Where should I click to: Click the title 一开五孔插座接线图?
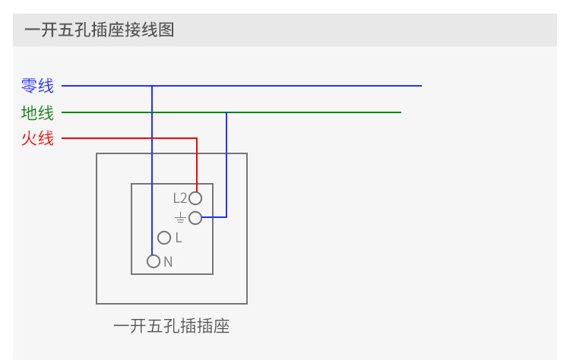(100, 31)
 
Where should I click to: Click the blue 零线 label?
(38, 87)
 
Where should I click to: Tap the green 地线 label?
(38, 113)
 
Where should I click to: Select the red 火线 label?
(38, 139)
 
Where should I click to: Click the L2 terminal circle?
(195, 198)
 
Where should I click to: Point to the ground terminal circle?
(195, 218)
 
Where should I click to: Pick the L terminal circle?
(164, 238)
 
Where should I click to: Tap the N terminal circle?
(154, 261)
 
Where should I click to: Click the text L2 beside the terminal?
(179, 198)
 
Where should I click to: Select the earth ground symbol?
(179, 218)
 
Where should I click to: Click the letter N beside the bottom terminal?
(168, 262)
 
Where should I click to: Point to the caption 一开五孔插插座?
(171, 327)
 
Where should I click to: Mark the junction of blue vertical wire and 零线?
(152, 86)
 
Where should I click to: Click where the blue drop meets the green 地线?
(226, 112)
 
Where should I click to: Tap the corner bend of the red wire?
(197, 138)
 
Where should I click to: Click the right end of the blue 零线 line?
(421, 86)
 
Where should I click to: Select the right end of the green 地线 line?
(401, 112)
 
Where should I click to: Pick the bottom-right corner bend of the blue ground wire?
(226, 217)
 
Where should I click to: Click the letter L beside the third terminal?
(179, 238)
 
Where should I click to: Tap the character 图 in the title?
(167, 31)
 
